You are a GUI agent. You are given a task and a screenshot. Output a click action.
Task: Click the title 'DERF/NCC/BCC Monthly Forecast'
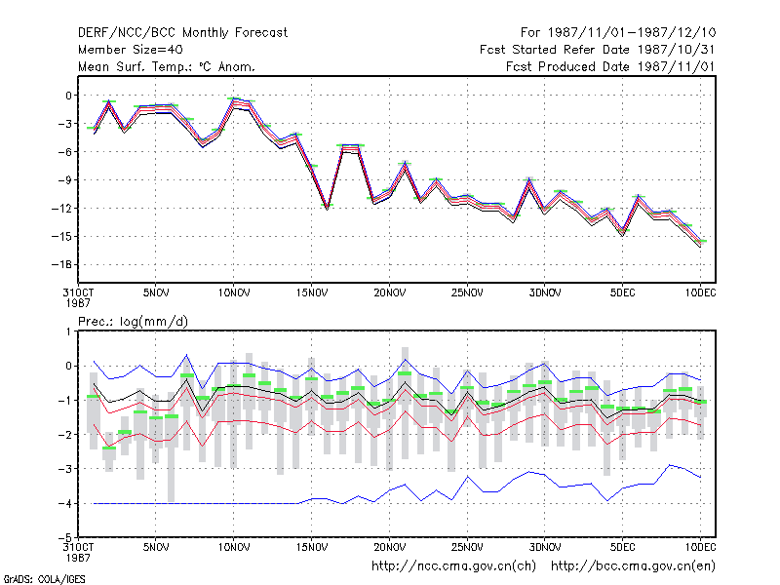coord(182,33)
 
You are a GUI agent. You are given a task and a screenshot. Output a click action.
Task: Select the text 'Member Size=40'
coord(131,50)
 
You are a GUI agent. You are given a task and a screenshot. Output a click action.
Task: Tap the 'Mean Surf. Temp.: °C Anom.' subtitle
coord(166,66)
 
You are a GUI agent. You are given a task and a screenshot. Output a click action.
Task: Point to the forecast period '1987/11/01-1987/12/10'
coord(632,33)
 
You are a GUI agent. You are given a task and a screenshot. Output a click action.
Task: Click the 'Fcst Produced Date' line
coord(610,66)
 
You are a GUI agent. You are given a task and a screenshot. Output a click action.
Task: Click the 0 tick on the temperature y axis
coord(69,96)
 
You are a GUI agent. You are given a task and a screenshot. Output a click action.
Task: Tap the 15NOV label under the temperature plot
coord(312,293)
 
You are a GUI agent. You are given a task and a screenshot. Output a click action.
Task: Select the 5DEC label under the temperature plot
coord(623,293)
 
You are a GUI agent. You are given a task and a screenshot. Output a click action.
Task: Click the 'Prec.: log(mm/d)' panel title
coord(133,322)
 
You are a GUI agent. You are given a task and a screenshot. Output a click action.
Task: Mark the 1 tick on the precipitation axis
coord(69,331)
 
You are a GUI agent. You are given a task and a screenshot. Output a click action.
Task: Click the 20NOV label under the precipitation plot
coord(389,548)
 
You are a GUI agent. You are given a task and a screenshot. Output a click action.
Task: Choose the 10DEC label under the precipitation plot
coord(700,548)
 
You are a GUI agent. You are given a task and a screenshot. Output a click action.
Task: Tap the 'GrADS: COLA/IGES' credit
coord(44,579)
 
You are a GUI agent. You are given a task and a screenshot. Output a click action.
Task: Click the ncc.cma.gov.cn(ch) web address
coord(453,566)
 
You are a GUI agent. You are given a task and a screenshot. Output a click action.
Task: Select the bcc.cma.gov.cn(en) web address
coord(633,566)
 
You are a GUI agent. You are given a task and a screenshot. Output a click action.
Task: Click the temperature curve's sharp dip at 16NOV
coord(328,208)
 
